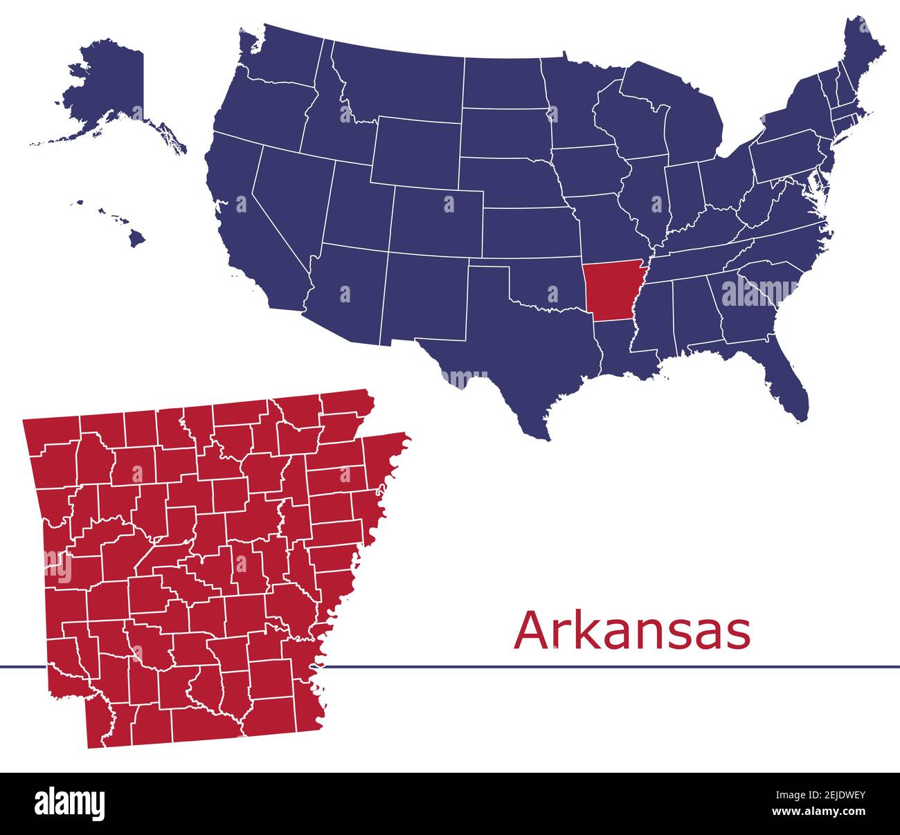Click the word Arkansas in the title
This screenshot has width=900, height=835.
click(632, 631)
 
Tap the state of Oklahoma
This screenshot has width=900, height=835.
click(547, 284)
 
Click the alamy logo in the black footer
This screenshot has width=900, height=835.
click(69, 803)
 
